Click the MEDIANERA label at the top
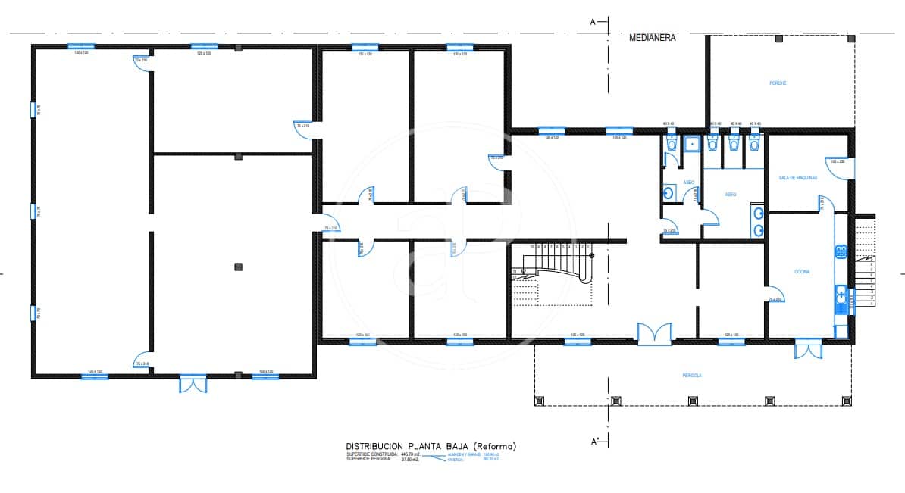click(x=652, y=36)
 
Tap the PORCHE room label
click(x=777, y=83)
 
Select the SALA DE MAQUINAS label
click(x=797, y=177)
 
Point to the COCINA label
click(x=803, y=271)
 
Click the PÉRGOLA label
click(x=691, y=375)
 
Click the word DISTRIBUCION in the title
click(x=377, y=447)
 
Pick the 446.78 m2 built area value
click(x=410, y=454)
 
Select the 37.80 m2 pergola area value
click(x=409, y=460)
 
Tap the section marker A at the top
click(x=593, y=22)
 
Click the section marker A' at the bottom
click(x=594, y=441)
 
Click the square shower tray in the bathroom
click(x=690, y=143)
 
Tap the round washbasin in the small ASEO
click(x=669, y=193)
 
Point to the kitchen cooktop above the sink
click(x=841, y=251)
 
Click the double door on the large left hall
click(x=193, y=383)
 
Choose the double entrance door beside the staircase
click(x=653, y=334)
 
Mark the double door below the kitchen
click(x=807, y=349)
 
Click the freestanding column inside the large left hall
click(x=238, y=266)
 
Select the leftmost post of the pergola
click(x=540, y=400)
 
